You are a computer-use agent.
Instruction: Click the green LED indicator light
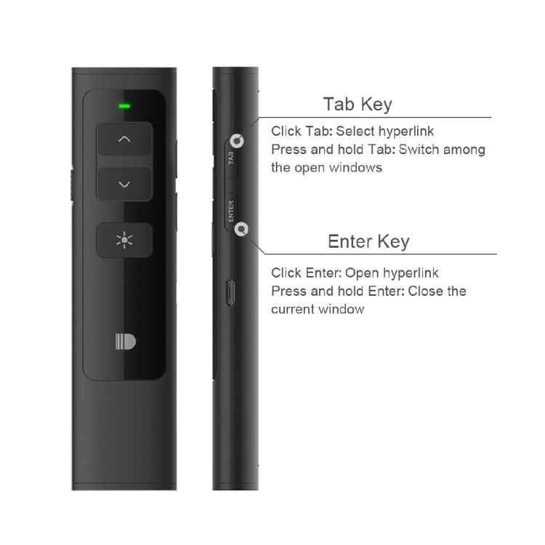click(124, 106)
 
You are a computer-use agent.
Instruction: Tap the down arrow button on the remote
click(124, 185)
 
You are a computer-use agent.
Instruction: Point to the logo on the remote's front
click(125, 342)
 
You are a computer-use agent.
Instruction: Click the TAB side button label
click(231, 158)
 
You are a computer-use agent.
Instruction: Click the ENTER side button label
click(230, 211)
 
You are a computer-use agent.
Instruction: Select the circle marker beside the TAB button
click(238, 140)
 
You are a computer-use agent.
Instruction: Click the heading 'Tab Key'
click(358, 104)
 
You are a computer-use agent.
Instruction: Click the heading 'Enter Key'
click(368, 241)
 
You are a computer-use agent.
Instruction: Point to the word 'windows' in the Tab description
click(355, 168)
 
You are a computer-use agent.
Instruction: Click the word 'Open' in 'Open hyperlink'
click(362, 273)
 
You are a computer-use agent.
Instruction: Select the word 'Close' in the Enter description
click(425, 291)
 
